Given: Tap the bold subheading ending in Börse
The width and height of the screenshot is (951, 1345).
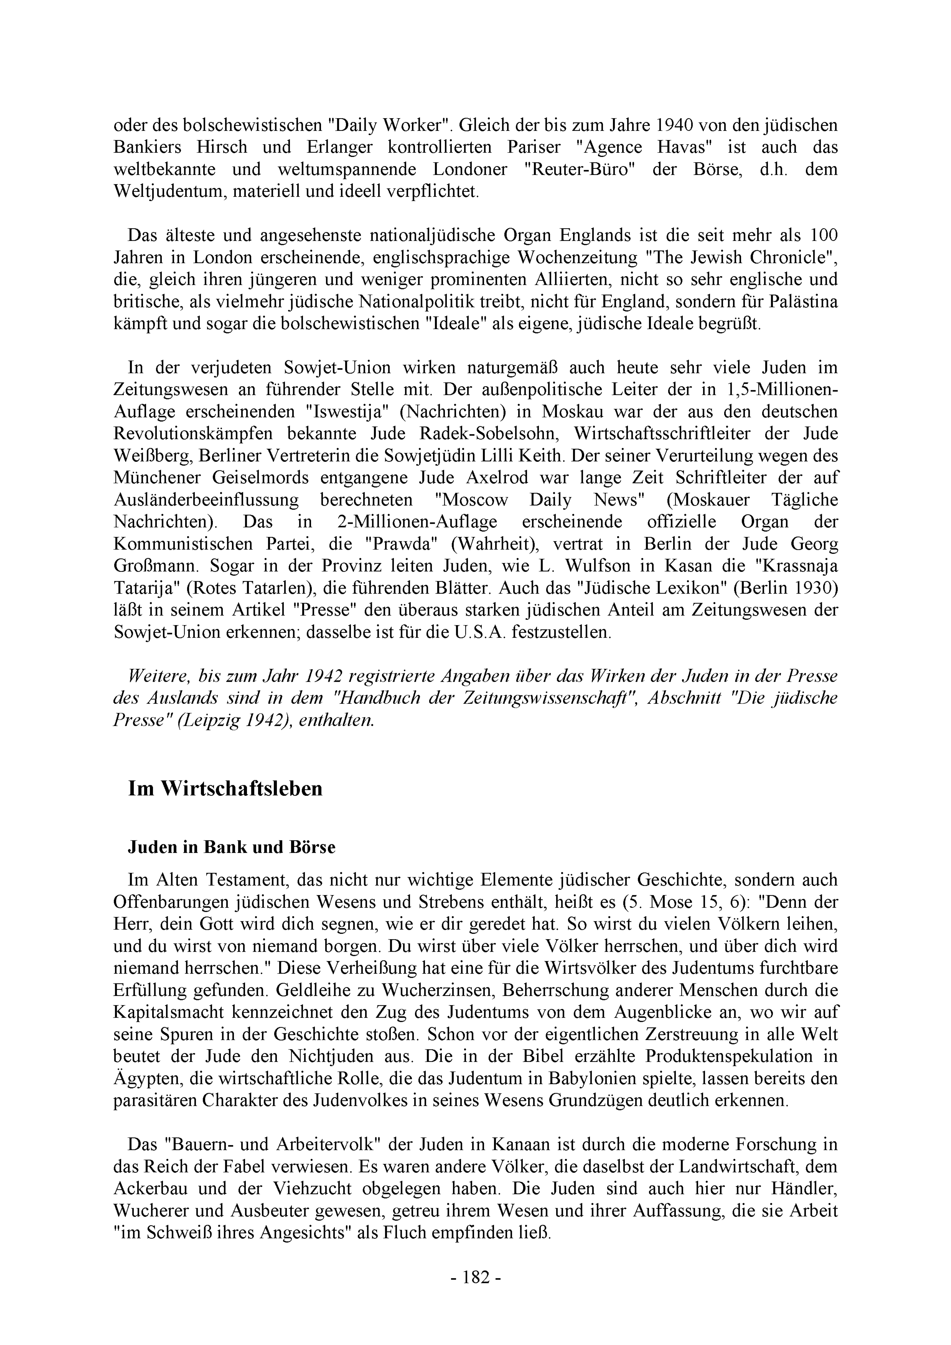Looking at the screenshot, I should pos(232,848).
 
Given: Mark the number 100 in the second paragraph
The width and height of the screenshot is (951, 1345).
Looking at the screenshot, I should pos(823,235).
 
